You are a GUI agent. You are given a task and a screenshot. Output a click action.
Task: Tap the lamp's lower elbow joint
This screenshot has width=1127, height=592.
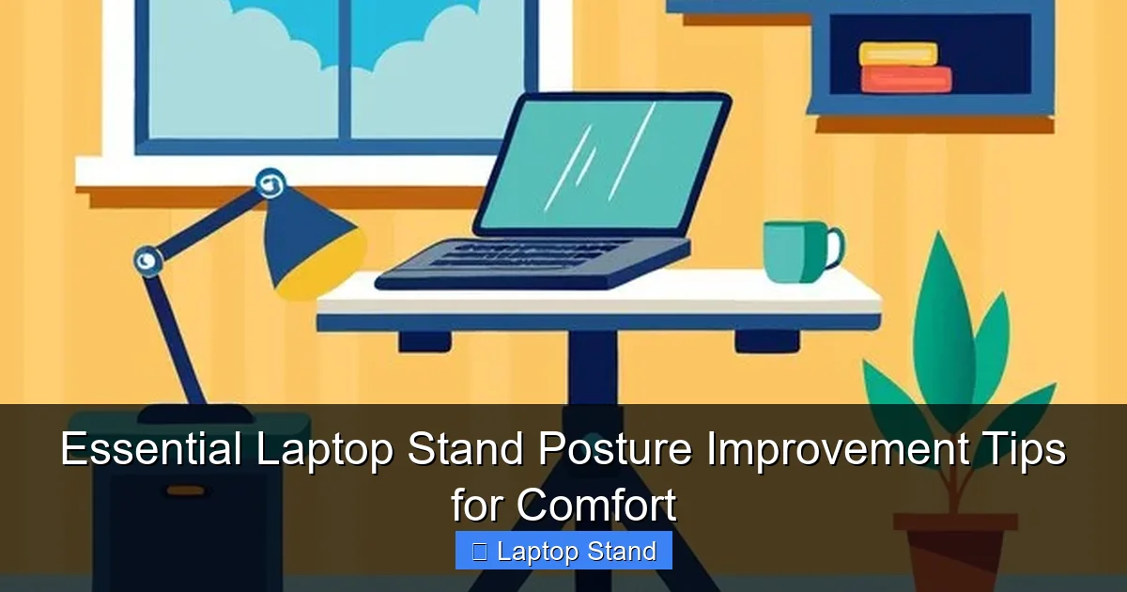(x=147, y=258)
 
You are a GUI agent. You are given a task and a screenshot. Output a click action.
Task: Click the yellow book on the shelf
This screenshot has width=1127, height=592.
(x=898, y=55)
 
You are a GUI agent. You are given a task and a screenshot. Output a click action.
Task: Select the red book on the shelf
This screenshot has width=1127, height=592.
(x=905, y=80)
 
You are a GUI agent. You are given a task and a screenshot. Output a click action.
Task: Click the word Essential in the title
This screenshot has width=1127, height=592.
(x=151, y=450)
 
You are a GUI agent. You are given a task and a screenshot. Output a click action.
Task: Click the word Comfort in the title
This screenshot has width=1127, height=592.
(x=594, y=506)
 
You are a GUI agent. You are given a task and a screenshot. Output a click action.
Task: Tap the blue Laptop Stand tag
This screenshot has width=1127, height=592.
(x=563, y=551)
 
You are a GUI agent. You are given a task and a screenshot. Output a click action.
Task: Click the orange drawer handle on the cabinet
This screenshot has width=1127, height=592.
(x=187, y=491)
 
